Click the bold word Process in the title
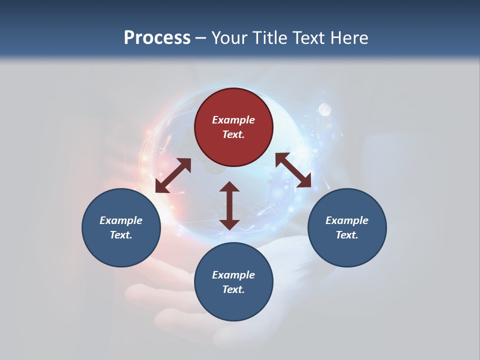(x=157, y=38)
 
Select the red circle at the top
(x=233, y=127)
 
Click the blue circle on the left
(x=121, y=227)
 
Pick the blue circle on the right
(x=346, y=227)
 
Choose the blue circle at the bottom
(x=233, y=282)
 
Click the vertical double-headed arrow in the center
(x=229, y=205)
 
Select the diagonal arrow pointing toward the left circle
(x=173, y=175)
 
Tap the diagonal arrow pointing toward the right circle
(x=293, y=170)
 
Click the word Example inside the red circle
(x=233, y=120)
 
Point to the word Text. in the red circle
(x=233, y=134)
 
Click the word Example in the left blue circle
(x=121, y=220)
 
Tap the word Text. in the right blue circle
(x=346, y=235)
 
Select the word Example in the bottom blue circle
(x=233, y=275)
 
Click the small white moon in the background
(x=325, y=109)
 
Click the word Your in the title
(x=231, y=38)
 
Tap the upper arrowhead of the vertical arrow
(x=229, y=188)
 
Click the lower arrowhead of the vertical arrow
(x=229, y=223)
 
